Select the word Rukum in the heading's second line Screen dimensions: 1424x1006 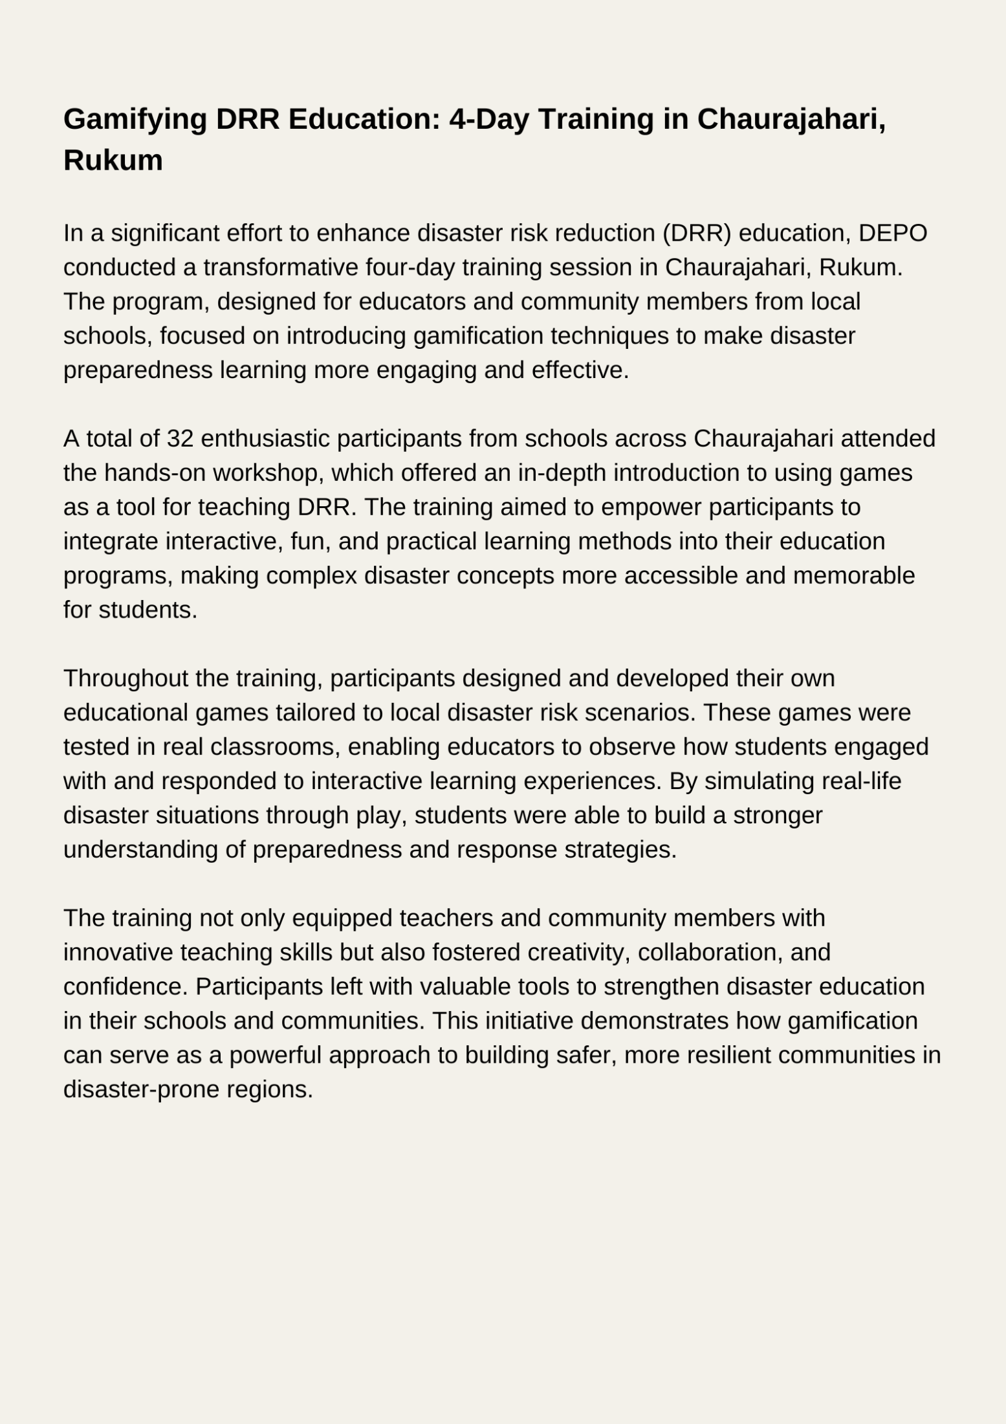click(113, 161)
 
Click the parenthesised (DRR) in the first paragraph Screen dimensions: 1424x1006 click(696, 233)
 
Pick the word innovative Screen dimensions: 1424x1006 click(118, 953)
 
